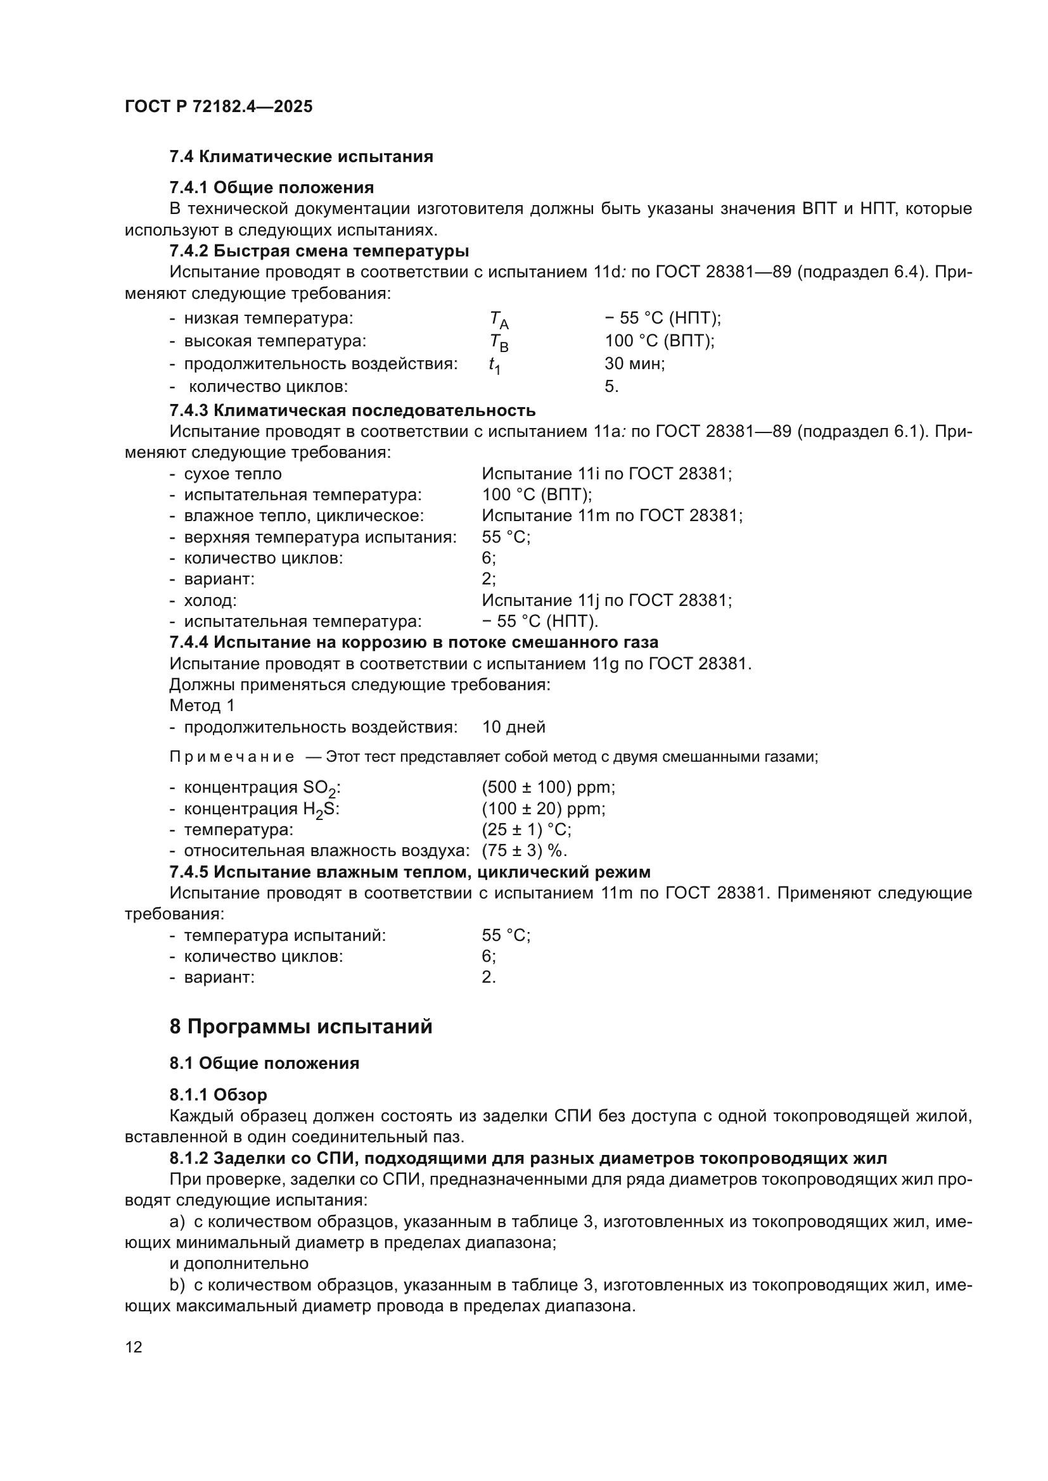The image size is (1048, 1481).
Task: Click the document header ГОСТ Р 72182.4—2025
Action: (x=218, y=106)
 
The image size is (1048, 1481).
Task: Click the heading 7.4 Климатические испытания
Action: (x=301, y=156)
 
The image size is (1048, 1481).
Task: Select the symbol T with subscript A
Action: (x=499, y=319)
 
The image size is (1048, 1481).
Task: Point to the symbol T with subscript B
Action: (x=499, y=342)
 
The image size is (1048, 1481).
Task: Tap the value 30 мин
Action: (x=634, y=363)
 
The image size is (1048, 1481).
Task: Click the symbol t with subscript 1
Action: (x=494, y=365)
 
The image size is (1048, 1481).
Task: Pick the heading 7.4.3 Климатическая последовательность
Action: (x=352, y=410)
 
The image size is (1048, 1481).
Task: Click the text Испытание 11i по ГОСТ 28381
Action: (x=606, y=474)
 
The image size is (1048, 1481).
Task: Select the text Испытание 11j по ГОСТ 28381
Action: (x=606, y=600)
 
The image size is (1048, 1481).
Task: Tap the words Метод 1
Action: (x=202, y=705)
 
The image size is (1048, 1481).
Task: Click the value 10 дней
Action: (x=513, y=727)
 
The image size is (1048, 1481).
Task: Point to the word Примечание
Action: (x=232, y=757)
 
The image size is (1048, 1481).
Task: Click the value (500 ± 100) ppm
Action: (x=548, y=787)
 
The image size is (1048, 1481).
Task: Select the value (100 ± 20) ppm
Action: (x=544, y=808)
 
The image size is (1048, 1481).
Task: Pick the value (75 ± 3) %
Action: (x=524, y=850)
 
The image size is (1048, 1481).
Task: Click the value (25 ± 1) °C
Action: (x=526, y=829)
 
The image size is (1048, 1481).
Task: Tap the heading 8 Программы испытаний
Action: (x=301, y=1026)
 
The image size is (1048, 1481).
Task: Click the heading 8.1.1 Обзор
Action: (x=218, y=1095)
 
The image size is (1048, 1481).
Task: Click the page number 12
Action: (x=134, y=1347)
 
